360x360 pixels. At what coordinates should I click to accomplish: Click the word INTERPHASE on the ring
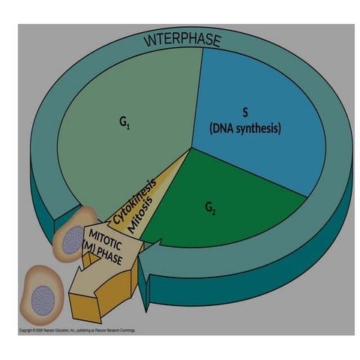point(181,38)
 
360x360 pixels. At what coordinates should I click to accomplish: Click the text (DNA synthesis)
point(244,128)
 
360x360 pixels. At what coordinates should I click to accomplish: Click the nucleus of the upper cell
point(71,241)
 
